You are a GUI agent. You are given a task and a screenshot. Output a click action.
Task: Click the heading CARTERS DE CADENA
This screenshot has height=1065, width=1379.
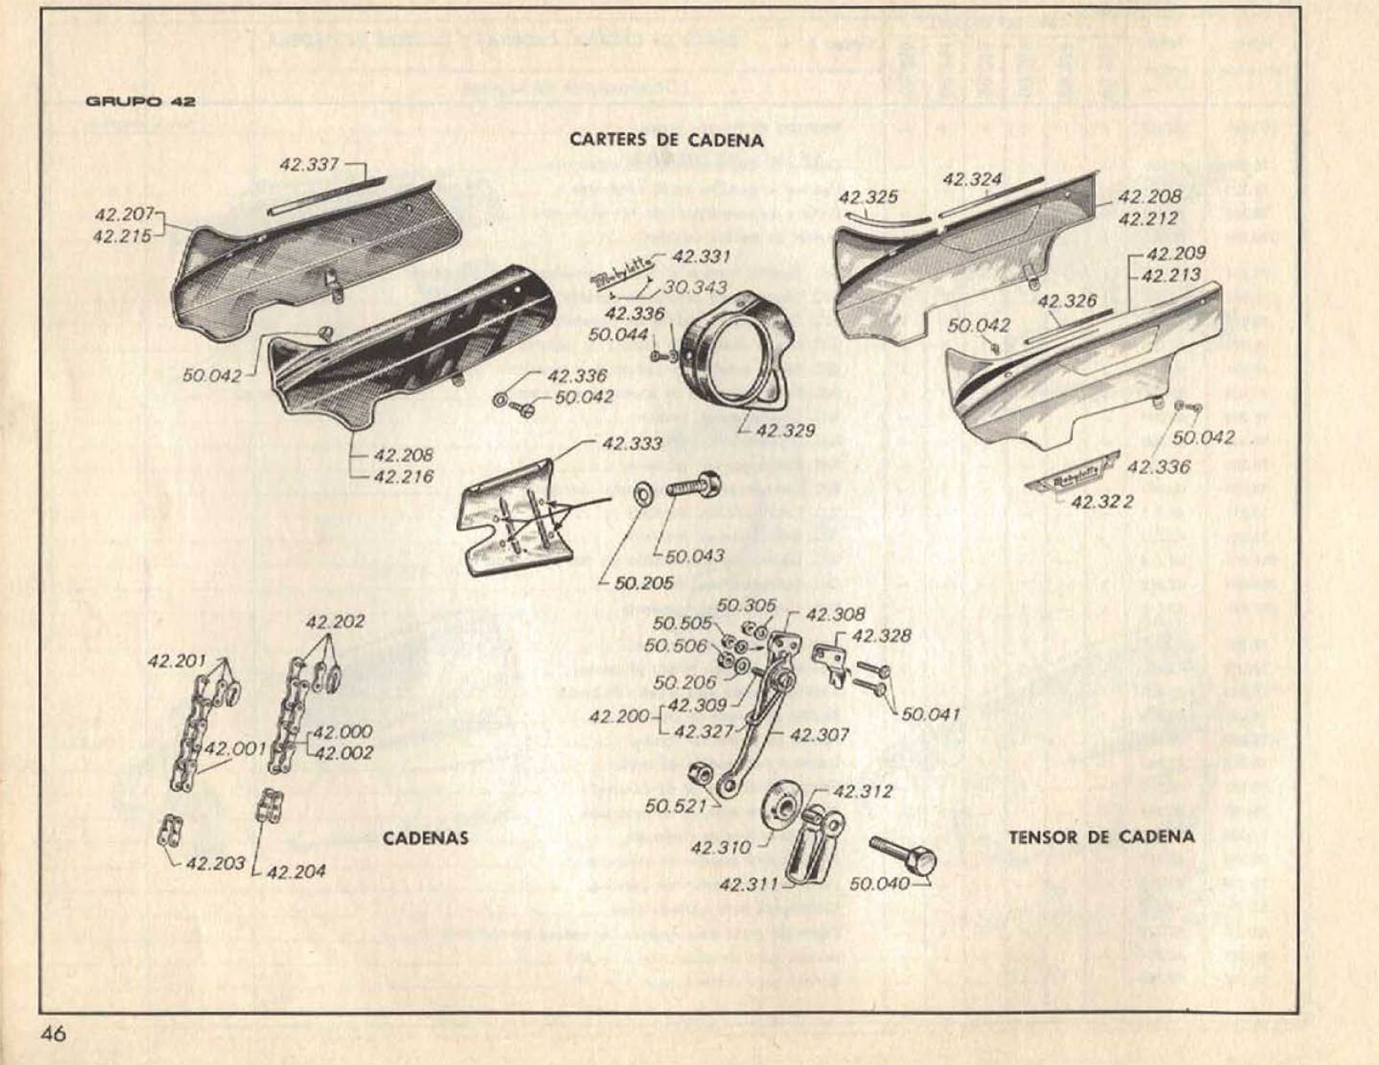tap(666, 139)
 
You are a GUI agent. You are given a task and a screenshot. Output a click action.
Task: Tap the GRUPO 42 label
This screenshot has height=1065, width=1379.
tap(141, 101)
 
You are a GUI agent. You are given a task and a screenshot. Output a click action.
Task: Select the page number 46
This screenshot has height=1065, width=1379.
tap(52, 1034)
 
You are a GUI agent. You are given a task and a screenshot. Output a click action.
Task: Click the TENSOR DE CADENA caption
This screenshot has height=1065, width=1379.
tap(1101, 836)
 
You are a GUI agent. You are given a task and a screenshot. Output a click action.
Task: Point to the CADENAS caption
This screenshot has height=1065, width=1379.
tap(426, 838)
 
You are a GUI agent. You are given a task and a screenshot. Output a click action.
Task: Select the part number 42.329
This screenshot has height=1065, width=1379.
tap(784, 431)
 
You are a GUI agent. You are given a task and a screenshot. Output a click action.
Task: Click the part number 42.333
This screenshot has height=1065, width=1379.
tap(631, 444)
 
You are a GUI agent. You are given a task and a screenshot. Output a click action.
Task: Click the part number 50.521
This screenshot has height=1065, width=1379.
tap(676, 806)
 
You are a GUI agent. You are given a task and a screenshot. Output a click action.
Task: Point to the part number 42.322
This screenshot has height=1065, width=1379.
tap(1102, 502)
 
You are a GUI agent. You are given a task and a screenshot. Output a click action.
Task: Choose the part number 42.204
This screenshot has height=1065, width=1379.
tap(295, 872)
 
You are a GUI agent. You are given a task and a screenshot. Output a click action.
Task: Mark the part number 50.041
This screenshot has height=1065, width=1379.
tap(931, 714)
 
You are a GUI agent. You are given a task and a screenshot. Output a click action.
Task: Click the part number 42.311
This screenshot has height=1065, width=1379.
tap(749, 885)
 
